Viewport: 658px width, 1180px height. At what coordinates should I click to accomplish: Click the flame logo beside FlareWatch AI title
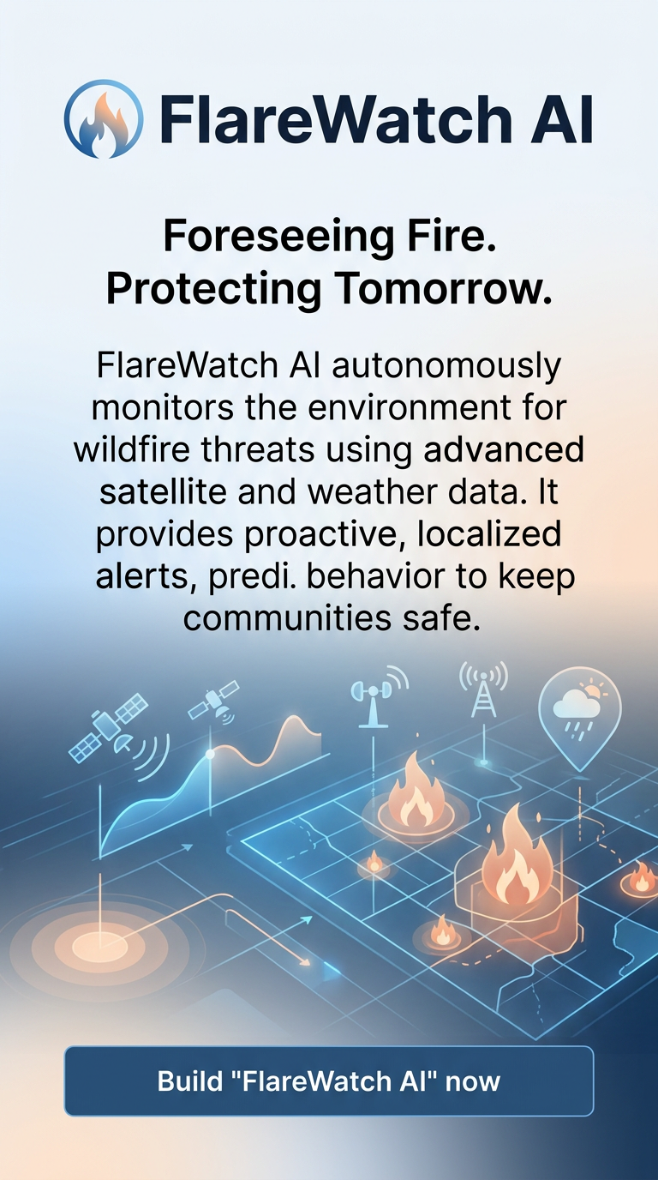click(x=104, y=119)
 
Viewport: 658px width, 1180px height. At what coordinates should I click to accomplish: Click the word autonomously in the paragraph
click(x=446, y=366)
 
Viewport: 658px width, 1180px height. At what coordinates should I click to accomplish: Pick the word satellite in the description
click(x=163, y=491)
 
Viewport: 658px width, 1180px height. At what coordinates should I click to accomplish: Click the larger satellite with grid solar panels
click(x=107, y=728)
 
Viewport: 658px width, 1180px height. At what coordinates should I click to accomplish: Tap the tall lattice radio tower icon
click(x=483, y=691)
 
